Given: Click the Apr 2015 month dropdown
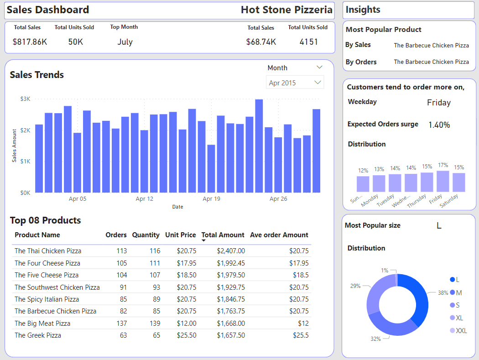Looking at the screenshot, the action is (x=295, y=83).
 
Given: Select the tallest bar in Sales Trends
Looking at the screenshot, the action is (x=259, y=146).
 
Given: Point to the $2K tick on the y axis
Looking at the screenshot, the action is (x=25, y=130).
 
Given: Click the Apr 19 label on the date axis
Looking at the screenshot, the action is (x=211, y=198).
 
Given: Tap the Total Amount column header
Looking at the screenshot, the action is (x=223, y=235).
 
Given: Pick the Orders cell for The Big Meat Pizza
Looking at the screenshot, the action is (x=122, y=323).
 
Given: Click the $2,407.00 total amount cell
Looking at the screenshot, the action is (x=231, y=251).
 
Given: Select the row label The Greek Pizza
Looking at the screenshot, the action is (x=38, y=335).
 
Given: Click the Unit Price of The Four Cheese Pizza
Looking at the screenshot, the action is (x=187, y=263).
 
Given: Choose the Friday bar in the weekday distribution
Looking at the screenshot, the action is (x=443, y=181).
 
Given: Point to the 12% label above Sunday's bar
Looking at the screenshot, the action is (x=363, y=170).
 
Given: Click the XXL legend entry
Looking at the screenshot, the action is (x=458, y=330).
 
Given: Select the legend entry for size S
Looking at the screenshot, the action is (x=455, y=305).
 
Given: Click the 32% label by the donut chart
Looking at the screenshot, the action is (x=375, y=339).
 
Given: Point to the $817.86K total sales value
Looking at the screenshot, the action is (x=30, y=42).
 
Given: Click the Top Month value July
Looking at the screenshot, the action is (x=125, y=42).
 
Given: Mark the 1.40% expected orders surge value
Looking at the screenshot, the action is (x=439, y=125).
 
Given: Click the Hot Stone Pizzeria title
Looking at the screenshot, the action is (x=286, y=10).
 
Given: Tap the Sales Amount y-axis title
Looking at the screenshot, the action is (x=14, y=146).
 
